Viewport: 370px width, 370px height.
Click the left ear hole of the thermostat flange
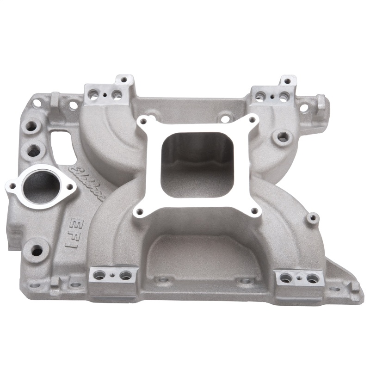click(x=12, y=186)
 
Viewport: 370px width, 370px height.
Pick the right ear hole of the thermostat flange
click(x=70, y=187)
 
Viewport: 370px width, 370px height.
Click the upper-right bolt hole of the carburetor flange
click(x=253, y=120)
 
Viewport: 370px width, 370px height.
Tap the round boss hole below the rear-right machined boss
click(x=282, y=136)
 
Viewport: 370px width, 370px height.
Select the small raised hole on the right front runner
click(x=313, y=217)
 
